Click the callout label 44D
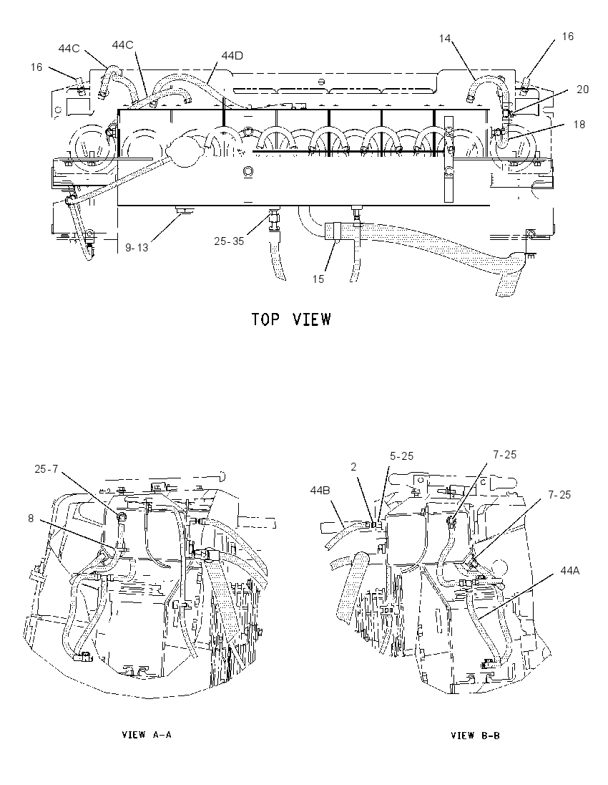tap(232, 56)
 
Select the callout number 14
tap(445, 39)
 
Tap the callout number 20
tap(582, 89)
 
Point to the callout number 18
tap(579, 124)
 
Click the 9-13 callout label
tap(137, 247)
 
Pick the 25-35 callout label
tap(229, 241)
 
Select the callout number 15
tap(318, 279)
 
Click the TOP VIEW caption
tap(291, 319)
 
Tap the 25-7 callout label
tap(46, 468)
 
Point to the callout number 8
tap(31, 518)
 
